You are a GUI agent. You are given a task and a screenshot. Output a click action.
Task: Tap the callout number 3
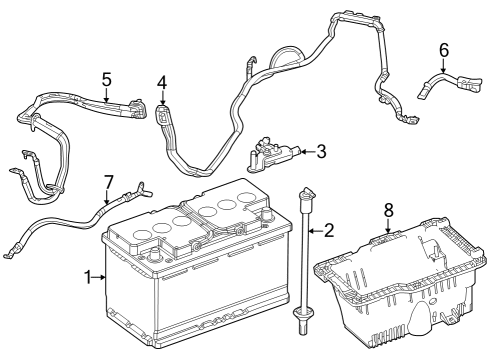320,152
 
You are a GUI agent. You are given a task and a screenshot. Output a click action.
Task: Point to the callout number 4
161,82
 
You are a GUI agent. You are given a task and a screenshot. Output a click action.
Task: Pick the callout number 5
106,77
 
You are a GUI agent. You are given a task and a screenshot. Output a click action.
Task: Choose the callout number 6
444,49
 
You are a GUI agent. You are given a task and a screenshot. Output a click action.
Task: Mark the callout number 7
108,181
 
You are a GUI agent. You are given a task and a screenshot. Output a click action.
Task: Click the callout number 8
389,211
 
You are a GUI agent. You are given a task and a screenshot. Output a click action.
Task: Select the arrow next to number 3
305,152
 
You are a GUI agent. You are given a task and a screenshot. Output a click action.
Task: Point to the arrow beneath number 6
444,64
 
